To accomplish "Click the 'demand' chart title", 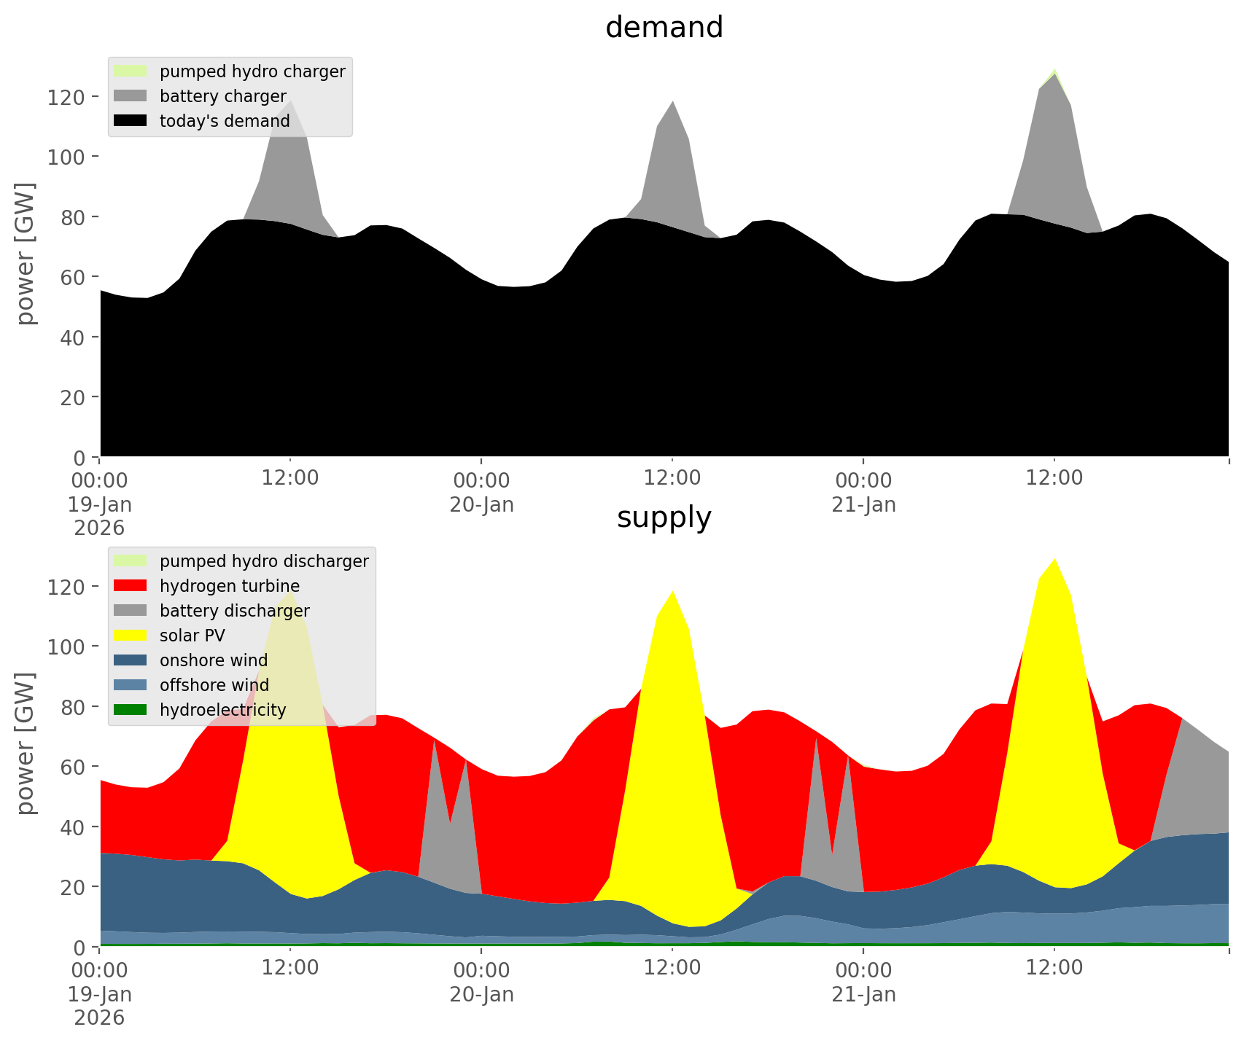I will point(664,28).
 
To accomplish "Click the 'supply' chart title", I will point(664,517).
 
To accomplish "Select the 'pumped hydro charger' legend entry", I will point(252,71).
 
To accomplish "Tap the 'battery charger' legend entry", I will point(222,96).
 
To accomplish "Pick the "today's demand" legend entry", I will point(225,121).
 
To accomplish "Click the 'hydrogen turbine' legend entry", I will point(229,586).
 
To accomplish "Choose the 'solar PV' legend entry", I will point(192,636).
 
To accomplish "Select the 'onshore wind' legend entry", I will point(213,660).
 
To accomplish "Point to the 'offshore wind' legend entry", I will point(214,685).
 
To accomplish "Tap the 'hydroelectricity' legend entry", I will point(222,710).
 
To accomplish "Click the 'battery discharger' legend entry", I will point(234,611).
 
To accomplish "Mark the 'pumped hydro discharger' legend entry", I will point(263,561).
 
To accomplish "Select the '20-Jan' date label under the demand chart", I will point(481,504).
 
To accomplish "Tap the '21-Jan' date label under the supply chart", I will point(863,994).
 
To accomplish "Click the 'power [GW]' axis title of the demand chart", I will point(26,254).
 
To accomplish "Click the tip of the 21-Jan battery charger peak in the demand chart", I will point(1055,74).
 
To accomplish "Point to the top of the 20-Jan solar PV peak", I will point(672,590).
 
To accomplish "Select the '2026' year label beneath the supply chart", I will point(99,1017).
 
